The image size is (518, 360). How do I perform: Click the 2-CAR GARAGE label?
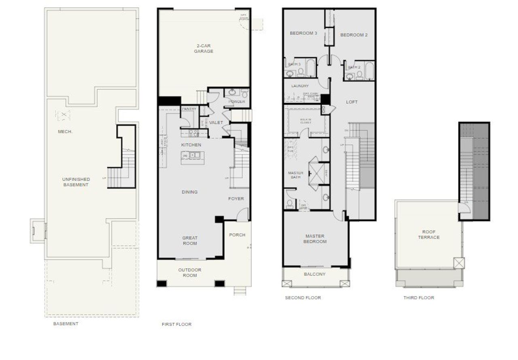pos(203,49)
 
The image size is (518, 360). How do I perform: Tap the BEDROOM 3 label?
pos(303,33)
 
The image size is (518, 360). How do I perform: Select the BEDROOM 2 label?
pos(354,35)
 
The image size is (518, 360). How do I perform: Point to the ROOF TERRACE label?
pos(429,235)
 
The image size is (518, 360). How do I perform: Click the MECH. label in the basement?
pos(66,131)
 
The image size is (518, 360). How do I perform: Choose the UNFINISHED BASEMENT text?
pos(76,182)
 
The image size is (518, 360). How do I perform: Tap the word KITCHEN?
pos(191,145)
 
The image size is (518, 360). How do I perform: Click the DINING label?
pos(189,192)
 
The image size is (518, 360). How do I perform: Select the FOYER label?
pos(236,199)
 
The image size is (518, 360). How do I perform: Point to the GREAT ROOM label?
pos(190,241)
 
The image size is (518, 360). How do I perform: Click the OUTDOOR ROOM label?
pos(190,273)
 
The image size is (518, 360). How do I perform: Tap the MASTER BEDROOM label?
pos(316,239)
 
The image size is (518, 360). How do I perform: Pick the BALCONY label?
pos(314,274)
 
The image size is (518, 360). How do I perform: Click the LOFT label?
pos(352,102)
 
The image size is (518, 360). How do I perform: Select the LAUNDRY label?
pos(300,86)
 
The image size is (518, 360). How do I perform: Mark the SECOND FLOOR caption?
pos(303,298)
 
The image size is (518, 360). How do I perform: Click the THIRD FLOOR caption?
pos(418,298)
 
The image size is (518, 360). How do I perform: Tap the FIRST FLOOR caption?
pos(176,324)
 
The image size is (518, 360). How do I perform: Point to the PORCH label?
pos(237,235)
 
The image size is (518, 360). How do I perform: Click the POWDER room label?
pos(237,102)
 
